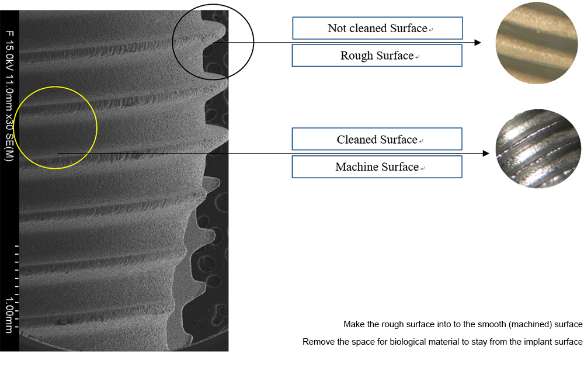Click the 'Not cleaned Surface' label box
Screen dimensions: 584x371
point(377,28)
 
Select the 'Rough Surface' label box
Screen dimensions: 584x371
point(377,56)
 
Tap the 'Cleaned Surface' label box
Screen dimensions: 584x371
point(377,139)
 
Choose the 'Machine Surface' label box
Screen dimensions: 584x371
point(377,167)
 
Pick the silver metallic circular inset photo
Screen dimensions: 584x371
point(538,148)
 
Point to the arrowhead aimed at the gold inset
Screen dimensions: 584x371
point(478,43)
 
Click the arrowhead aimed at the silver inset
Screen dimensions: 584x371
point(486,153)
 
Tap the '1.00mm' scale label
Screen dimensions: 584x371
point(9,314)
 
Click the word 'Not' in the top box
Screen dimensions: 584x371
point(337,28)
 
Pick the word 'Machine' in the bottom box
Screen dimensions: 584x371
point(354,167)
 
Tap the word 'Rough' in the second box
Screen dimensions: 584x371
point(356,56)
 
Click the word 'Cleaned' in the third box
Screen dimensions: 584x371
point(354,139)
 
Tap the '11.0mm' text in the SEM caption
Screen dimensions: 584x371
point(9,91)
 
